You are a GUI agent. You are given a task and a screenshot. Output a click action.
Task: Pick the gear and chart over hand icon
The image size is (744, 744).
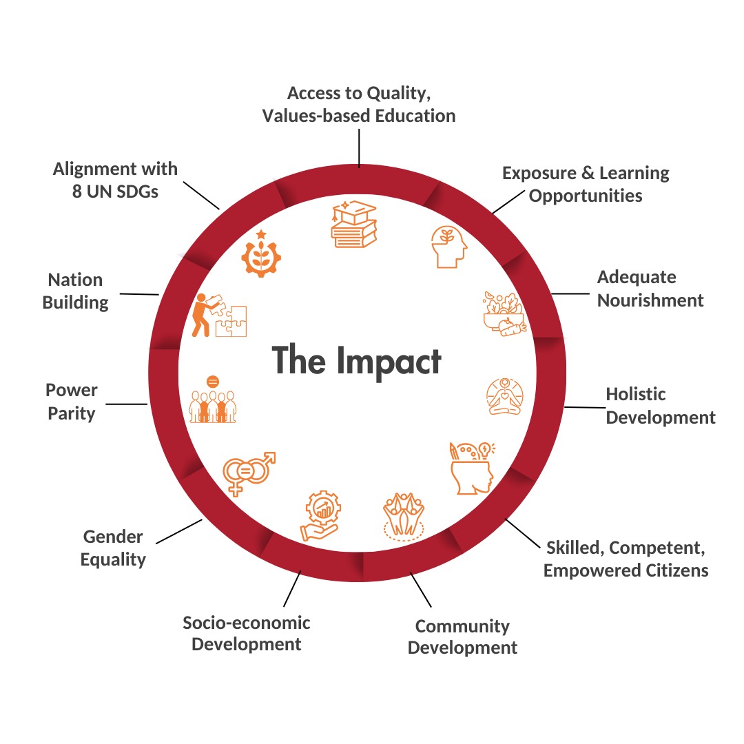[x=320, y=515]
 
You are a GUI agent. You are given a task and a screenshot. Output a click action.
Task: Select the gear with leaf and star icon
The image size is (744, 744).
[x=261, y=254]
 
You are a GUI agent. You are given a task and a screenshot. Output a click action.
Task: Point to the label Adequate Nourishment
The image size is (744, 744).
[x=650, y=289]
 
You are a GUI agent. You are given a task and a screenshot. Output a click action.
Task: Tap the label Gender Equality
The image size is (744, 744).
[x=113, y=548]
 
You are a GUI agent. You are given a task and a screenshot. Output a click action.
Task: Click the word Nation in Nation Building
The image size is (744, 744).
[x=75, y=280]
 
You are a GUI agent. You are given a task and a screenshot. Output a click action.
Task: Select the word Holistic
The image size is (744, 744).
[x=635, y=394]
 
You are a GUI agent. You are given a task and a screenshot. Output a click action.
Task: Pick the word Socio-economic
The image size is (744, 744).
[x=246, y=623]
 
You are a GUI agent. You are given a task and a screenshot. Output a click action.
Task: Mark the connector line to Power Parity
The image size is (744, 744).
[x=127, y=402]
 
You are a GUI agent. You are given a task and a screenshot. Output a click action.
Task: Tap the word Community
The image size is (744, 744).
[x=462, y=626]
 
